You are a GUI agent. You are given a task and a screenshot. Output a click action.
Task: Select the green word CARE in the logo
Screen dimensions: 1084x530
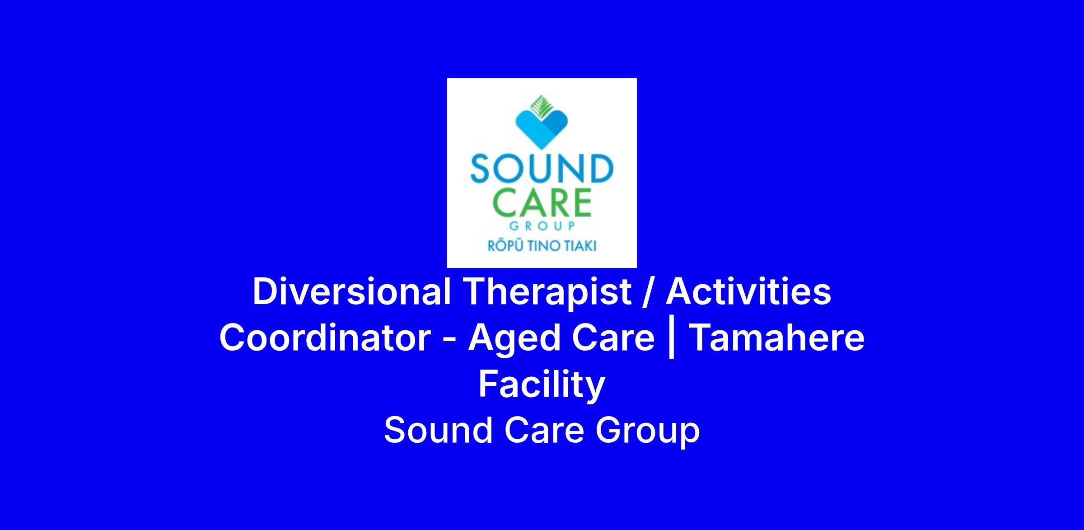point(542,203)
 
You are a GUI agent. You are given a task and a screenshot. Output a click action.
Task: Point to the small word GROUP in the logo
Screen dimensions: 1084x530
point(542,225)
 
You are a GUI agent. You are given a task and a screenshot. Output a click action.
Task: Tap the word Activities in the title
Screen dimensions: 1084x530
point(748,291)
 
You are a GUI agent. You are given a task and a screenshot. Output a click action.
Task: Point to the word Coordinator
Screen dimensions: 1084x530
point(325,338)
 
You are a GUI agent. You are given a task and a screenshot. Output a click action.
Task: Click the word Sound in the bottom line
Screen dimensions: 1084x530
point(438,430)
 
